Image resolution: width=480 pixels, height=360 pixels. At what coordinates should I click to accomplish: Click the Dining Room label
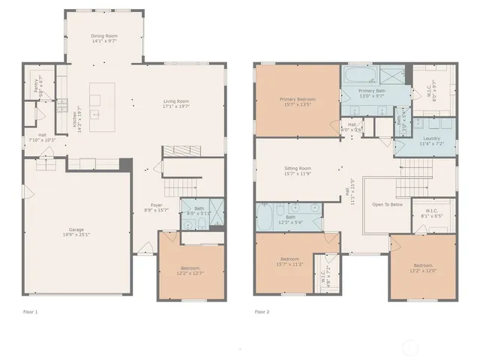tap(104, 35)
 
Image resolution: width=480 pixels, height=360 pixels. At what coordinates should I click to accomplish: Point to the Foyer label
tap(156, 205)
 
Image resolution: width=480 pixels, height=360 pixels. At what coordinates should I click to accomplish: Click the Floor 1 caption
tap(30, 311)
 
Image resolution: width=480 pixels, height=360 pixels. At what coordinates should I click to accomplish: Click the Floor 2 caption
tap(261, 311)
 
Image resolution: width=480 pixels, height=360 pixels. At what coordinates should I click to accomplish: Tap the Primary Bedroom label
tap(297, 99)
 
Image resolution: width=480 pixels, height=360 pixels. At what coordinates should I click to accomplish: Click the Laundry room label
tap(431, 138)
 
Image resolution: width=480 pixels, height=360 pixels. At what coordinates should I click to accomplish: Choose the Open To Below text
tap(388, 204)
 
